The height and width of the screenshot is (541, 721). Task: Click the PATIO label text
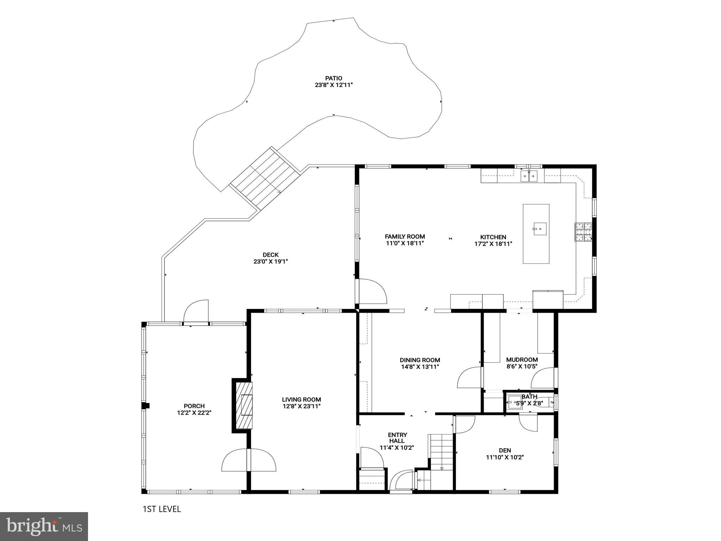click(333, 78)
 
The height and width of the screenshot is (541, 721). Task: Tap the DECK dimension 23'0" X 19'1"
click(270, 261)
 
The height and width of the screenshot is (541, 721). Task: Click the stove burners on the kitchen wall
click(583, 232)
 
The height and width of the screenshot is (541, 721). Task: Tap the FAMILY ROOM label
click(405, 237)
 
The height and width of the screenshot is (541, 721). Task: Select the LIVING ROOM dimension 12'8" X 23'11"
click(301, 406)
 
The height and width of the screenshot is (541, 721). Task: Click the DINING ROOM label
click(420, 360)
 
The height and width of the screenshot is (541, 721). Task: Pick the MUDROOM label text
click(522, 360)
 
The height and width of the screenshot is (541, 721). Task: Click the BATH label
click(529, 397)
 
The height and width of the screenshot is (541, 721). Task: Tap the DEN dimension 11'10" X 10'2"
click(505, 457)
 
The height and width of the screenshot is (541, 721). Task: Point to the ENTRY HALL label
click(397, 438)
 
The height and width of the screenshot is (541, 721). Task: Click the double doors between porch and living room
click(249, 460)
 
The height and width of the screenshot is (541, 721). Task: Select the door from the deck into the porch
click(196, 312)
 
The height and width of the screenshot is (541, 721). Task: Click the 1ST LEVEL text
click(162, 509)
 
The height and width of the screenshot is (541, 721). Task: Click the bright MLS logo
click(44, 527)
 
